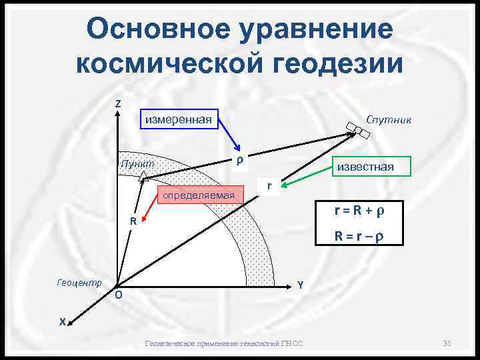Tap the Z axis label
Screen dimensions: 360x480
click(117, 104)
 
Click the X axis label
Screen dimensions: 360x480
click(61, 321)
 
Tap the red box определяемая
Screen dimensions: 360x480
click(200, 195)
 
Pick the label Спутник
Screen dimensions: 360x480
click(389, 119)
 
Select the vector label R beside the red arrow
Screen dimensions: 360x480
click(133, 221)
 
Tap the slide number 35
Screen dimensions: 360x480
click(447, 343)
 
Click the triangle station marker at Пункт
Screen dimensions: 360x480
click(143, 176)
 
